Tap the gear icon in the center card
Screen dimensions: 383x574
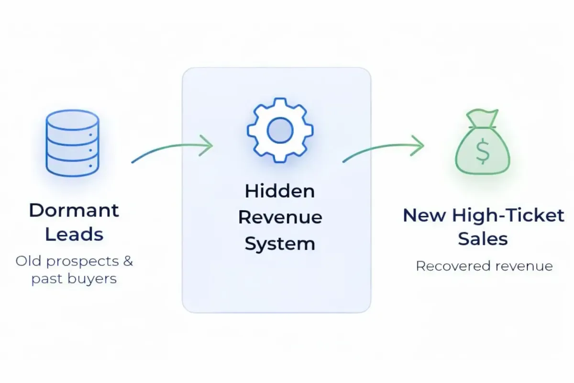(280, 130)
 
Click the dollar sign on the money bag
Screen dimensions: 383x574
(482, 153)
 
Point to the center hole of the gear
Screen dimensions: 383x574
(280, 130)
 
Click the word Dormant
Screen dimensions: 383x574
(74, 210)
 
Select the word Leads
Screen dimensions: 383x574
(74, 235)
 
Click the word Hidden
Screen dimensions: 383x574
(280, 191)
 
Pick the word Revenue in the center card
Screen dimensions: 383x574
(280, 217)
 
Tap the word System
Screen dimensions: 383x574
(280, 244)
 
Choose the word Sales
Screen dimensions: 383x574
(483, 238)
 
